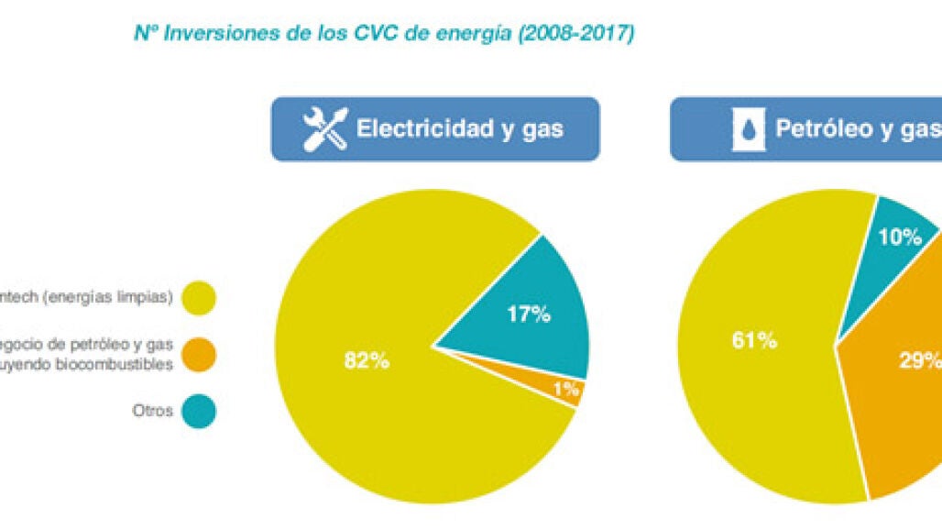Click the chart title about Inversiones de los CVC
pos(384,33)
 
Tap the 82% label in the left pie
pos(367,360)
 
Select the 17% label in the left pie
pos(529,314)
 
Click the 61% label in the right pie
pos(755,340)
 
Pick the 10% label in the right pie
pos(898,237)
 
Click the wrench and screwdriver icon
pos(324,128)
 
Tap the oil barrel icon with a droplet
pos(749,129)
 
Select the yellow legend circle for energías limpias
pos(198,297)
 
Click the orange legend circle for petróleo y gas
pos(198,354)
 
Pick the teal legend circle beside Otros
pos(198,411)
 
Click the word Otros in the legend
pos(152,411)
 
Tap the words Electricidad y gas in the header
pos(459,128)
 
